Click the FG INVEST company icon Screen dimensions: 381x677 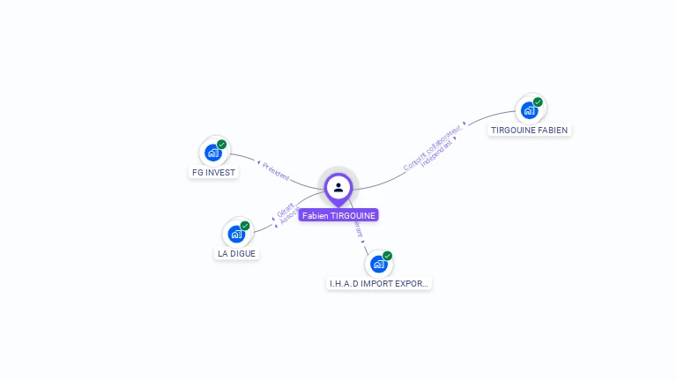(x=212, y=153)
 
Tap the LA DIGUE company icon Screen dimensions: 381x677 (x=235, y=234)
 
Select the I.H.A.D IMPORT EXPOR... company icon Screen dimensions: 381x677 (x=378, y=264)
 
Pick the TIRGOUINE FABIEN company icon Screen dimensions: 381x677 (x=529, y=110)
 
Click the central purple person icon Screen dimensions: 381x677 (x=338, y=187)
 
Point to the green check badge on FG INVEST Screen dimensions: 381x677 (x=222, y=144)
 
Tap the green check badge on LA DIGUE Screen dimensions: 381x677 (x=245, y=225)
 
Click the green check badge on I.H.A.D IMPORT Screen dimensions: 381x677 (x=388, y=256)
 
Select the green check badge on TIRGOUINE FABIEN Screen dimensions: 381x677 (x=538, y=101)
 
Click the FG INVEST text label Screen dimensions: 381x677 (x=213, y=173)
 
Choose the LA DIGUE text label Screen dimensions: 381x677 (x=237, y=254)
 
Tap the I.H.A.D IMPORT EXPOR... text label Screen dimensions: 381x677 (x=379, y=284)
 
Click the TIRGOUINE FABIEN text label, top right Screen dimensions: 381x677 (x=529, y=131)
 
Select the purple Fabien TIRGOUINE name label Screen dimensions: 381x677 (x=338, y=215)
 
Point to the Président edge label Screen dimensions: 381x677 (x=275, y=170)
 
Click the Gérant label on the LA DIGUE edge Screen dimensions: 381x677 (x=285, y=212)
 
